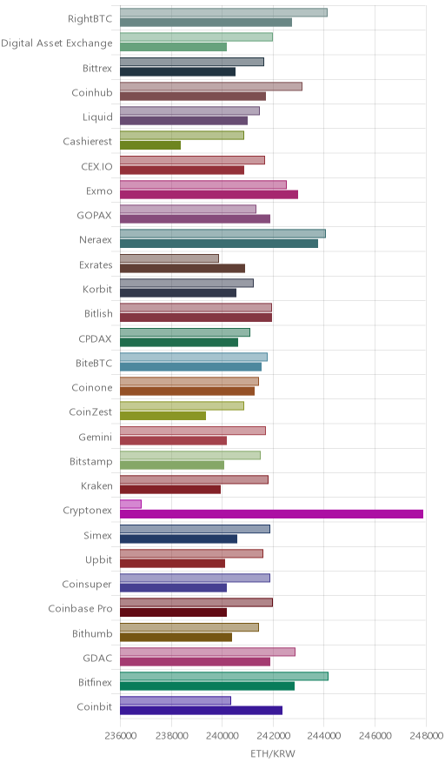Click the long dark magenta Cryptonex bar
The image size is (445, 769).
271,514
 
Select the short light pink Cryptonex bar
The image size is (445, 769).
131,505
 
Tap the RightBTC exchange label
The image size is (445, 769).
90,18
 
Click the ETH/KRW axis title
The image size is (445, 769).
273,754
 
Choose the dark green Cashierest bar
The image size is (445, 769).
150,145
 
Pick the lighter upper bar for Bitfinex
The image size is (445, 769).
224,676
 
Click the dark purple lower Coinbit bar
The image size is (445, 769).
202,711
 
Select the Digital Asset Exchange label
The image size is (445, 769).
56,43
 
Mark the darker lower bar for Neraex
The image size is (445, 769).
219,244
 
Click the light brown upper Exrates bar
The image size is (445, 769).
169,258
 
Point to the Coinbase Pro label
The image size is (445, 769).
80,609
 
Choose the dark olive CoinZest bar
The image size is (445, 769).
163,416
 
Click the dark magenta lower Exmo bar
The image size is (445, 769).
209,195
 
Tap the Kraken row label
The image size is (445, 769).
97,486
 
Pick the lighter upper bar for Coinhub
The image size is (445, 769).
211,86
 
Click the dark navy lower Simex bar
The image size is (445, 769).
179,539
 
